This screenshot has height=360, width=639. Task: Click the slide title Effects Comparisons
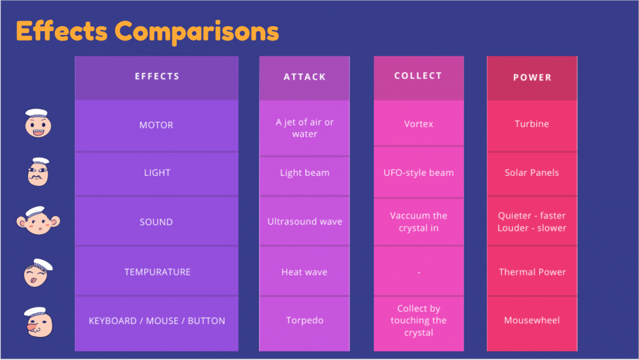[x=147, y=32]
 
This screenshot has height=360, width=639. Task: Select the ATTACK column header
[x=305, y=77]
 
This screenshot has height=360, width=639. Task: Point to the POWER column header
[x=532, y=77]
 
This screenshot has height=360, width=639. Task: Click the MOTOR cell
[x=157, y=125]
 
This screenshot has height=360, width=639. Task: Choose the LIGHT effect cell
[x=157, y=173]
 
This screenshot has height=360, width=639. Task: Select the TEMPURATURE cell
[x=157, y=272]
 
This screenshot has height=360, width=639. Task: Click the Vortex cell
[x=419, y=124]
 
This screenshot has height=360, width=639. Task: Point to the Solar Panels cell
[x=532, y=173]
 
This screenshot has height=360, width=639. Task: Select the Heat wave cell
[x=305, y=272]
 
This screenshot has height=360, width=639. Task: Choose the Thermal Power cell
[x=532, y=272]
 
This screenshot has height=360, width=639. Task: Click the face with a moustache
[x=38, y=172]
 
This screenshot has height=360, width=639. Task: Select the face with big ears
[x=38, y=220]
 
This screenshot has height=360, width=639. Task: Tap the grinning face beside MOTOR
[x=38, y=123]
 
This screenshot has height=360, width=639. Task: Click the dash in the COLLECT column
[x=419, y=272]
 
